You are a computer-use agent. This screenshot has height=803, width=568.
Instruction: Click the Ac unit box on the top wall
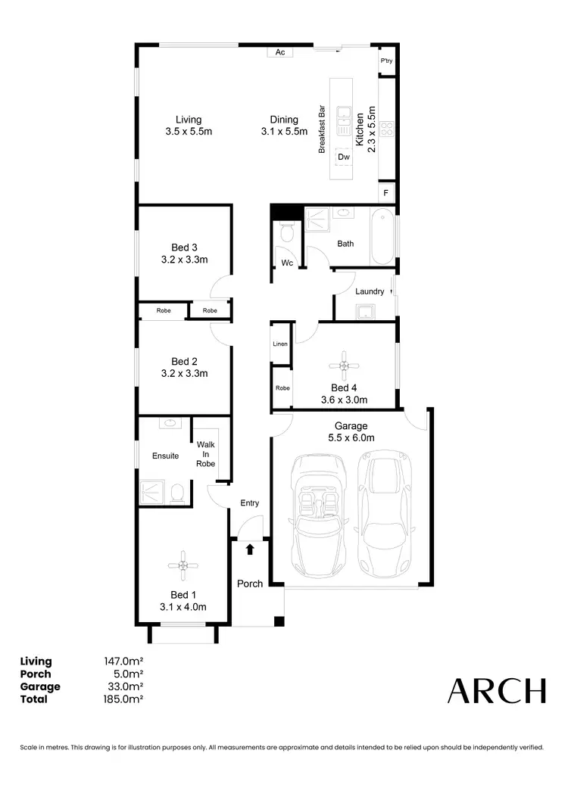(279, 52)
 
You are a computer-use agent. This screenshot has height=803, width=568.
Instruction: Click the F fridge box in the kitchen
(386, 193)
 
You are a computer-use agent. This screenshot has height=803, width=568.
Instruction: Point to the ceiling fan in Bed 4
(345, 366)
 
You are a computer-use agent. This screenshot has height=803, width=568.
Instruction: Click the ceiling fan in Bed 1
(183, 565)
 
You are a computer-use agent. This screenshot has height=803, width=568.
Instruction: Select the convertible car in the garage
(319, 515)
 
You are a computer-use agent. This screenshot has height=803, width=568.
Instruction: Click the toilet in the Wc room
(286, 232)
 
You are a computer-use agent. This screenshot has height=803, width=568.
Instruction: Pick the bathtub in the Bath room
(382, 235)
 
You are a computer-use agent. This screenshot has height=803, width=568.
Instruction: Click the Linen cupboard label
(280, 344)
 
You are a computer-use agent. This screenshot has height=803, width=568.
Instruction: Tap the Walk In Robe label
(205, 454)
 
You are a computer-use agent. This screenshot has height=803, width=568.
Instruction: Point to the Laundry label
(370, 291)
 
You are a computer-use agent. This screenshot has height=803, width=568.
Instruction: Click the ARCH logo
(496, 690)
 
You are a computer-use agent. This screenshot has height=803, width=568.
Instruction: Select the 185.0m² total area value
(123, 699)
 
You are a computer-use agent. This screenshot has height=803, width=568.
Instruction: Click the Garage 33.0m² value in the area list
(123, 686)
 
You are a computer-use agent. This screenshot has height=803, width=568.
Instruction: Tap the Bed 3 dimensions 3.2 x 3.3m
(184, 260)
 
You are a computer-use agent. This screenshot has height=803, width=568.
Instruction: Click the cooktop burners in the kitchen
(387, 129)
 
